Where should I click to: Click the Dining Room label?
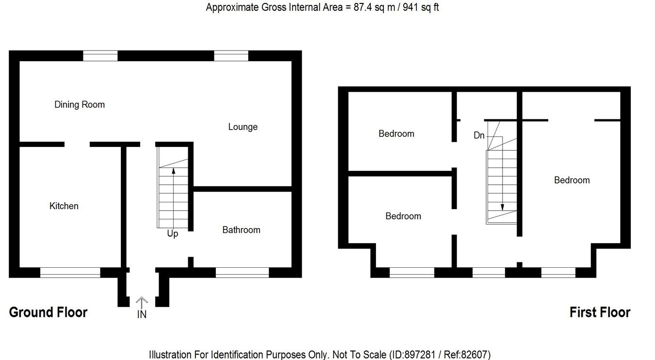pos(80,104)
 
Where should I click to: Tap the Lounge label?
pos(243,127)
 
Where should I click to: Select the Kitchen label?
pos(64,206)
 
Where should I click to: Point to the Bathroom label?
pos(241,229)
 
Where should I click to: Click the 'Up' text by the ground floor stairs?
pos(172,234)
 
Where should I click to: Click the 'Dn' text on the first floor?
pos(479,135)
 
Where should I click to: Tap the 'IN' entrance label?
pos(142,314)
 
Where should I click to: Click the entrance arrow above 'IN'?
pos(142,302)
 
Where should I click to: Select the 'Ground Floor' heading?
pos(48,312)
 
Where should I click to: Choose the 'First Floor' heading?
pos(600,312)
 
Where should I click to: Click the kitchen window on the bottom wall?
pos(70,273)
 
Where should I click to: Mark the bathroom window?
pos(242,273)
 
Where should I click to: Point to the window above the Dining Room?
pos(100,56)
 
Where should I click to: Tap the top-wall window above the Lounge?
pos(231,56)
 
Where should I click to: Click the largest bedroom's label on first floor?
pos(572,180)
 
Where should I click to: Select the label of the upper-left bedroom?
pos(396,133)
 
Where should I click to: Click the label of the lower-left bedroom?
pos(403,216)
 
